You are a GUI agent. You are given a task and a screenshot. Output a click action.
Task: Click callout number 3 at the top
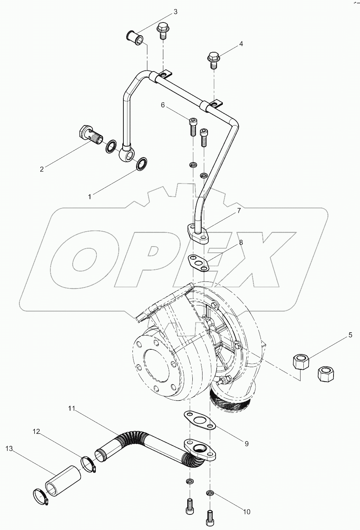[x=175, y=12]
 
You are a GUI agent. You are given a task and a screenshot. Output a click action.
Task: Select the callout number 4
[x=240, y=44]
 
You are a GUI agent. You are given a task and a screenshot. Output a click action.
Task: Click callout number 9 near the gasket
[x=246, y=443]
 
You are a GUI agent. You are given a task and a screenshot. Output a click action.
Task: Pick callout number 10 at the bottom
[x=246, y=512]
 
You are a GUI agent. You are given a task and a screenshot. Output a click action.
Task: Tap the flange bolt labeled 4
[x=213, y=60]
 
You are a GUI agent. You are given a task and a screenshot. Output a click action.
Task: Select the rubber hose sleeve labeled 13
[x=62, y=480]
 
